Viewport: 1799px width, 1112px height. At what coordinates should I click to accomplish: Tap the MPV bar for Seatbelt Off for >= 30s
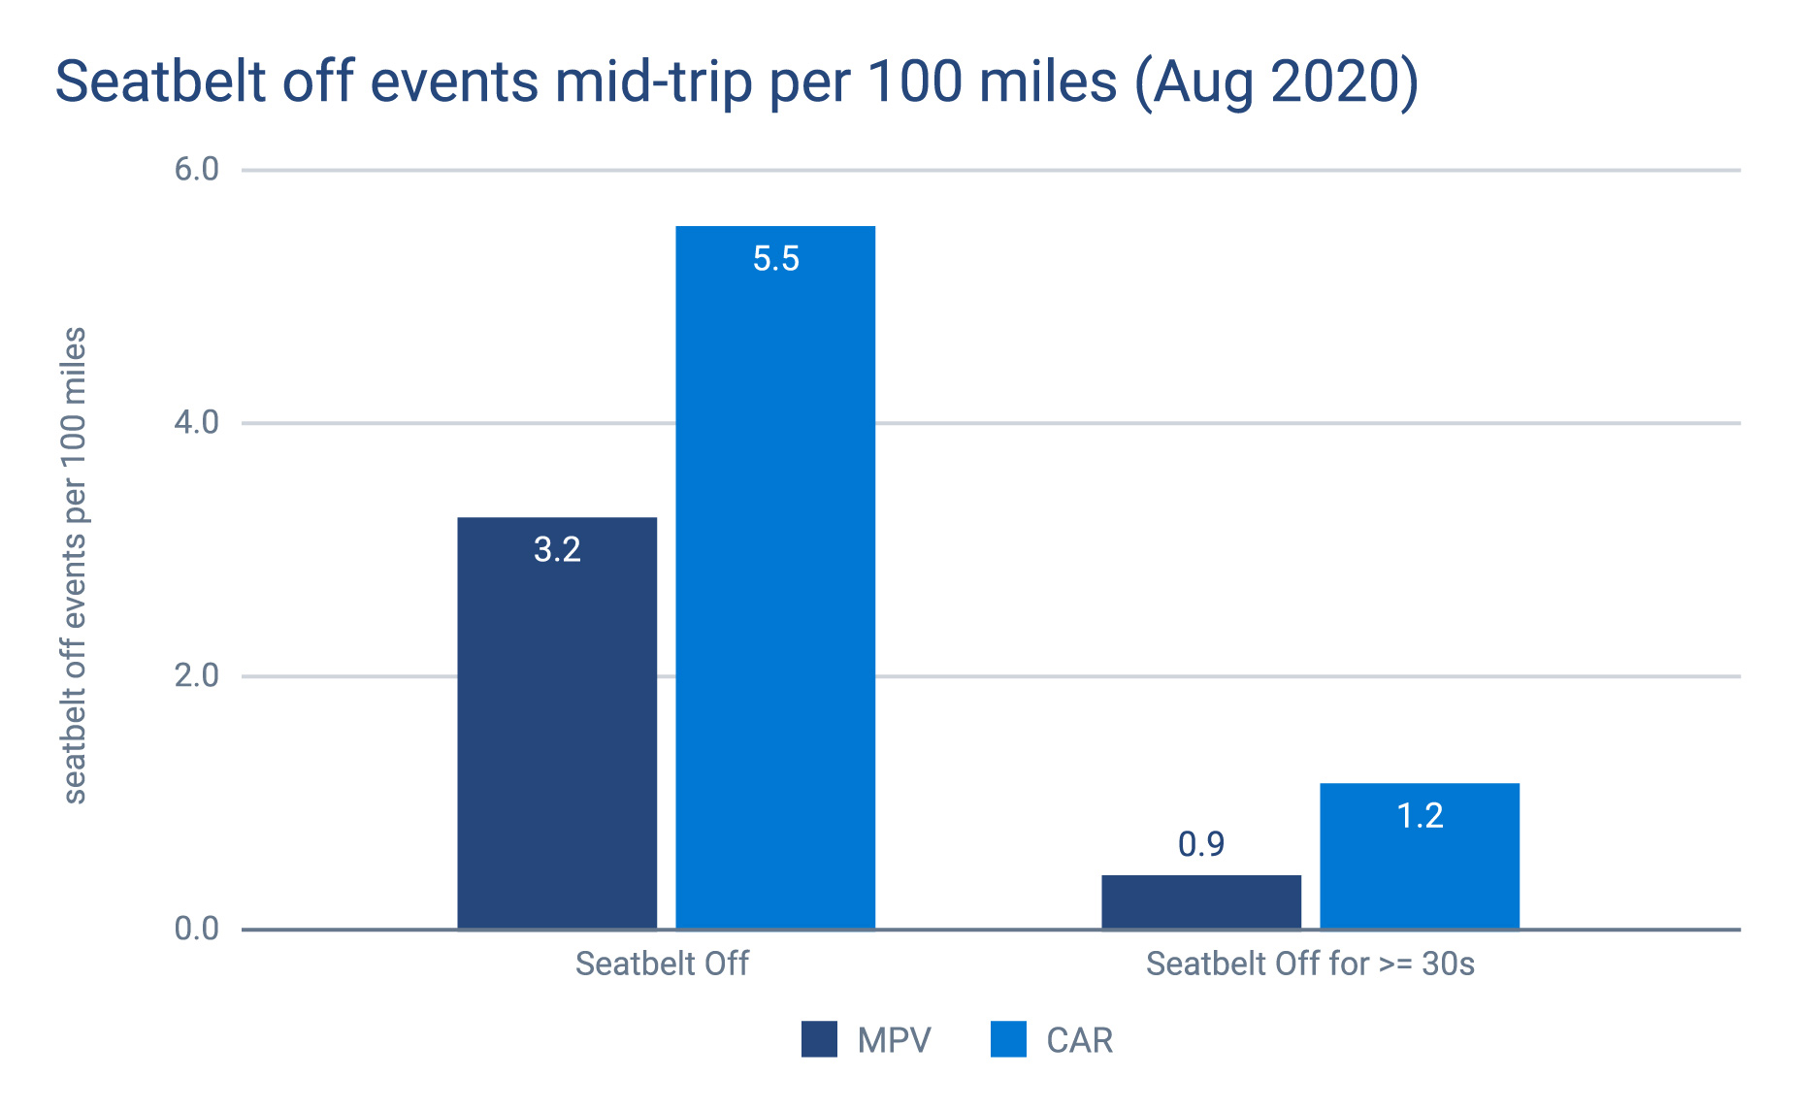tap(1201, 902)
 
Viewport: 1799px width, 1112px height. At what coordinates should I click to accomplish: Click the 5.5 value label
tap(775, 259)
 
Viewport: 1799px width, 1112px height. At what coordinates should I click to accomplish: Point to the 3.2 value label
tap(557, 550)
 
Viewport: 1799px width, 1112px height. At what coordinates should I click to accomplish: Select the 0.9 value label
tap(1201, 845)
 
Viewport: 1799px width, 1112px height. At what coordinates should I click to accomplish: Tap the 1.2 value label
tap(1420, 816)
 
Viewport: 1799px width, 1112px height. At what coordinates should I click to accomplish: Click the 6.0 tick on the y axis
tap(197, 170)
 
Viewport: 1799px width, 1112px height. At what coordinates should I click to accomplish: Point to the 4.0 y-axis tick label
tap(197, 423)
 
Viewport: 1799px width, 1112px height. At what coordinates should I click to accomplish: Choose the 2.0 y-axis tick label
tap(197, 676)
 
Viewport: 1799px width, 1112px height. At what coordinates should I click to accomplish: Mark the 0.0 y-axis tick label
tap(197, 930)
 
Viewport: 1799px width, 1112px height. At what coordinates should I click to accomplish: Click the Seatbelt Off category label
tap(662, 965)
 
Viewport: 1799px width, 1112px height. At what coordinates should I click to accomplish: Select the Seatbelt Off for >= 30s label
tap(1310, 965)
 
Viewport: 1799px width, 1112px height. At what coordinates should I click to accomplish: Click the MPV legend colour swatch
tap(819, 1039)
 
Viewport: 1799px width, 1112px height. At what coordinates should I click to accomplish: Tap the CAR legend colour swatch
tap(1008, 1039)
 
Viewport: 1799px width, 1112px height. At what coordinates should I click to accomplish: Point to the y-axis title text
tap(75, 566)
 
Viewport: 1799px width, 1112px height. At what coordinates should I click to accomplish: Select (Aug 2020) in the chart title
tap(1276, 82)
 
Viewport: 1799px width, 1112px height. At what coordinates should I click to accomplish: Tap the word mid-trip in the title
tap(654, 82)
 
